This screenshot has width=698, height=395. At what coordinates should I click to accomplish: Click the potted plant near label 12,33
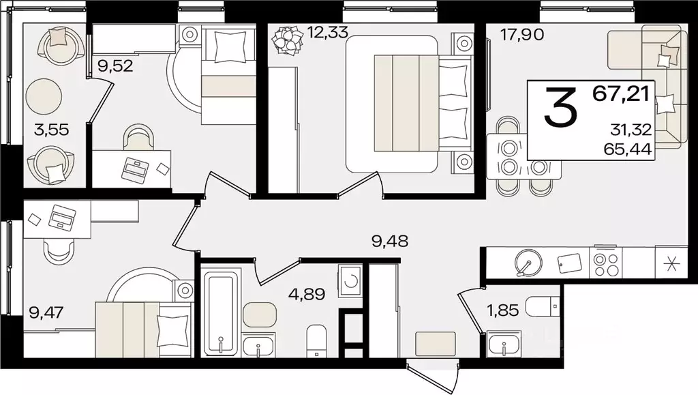[285, 41]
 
